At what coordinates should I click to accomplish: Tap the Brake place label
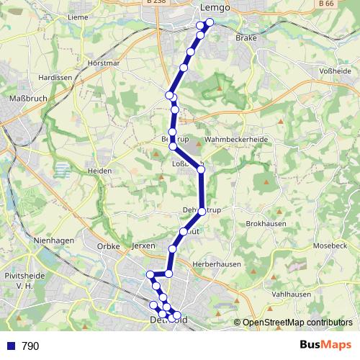pos(247,37)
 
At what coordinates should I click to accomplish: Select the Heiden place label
pos(99,171)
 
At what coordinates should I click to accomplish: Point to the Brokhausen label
pos(266,224)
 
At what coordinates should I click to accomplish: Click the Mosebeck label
pos(330,246)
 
